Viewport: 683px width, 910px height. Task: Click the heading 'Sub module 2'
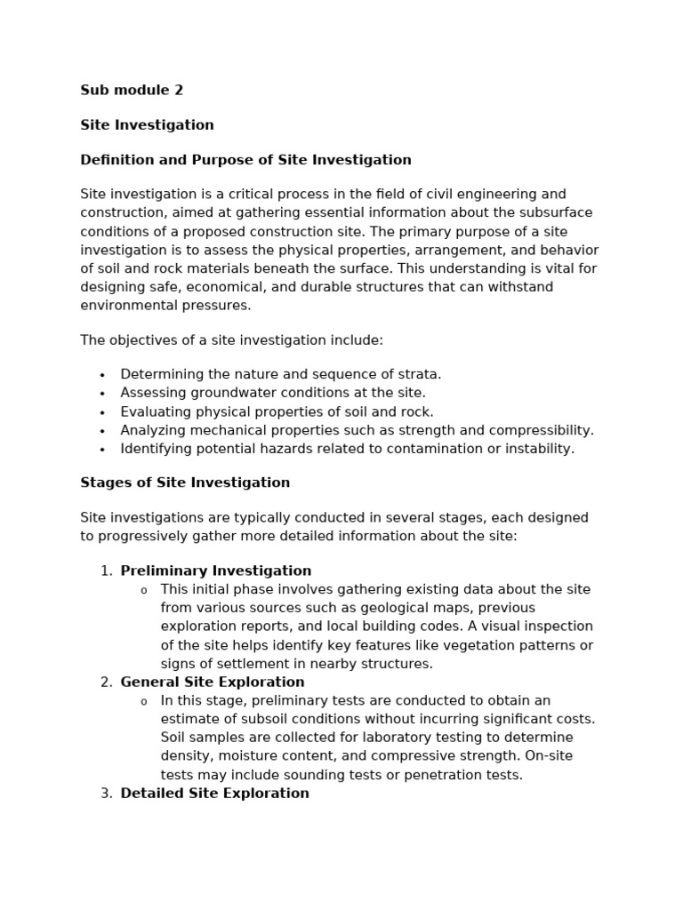[132, 90]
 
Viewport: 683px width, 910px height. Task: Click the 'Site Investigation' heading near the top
[147, 125]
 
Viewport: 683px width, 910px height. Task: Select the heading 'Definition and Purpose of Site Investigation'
[245, 160]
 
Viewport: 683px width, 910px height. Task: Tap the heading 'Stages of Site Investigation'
[185, 483]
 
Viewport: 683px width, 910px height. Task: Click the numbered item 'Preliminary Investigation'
[216, 571]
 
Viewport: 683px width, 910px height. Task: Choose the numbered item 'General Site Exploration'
[213, 682]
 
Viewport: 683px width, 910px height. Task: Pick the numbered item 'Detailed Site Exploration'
[214, 793]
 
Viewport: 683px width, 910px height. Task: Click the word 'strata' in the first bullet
[416, 374]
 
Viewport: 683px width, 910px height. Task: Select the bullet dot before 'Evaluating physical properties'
[102, 412]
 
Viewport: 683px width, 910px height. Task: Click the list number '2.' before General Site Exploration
[107, 682]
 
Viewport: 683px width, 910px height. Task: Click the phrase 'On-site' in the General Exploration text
[548, 755]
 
